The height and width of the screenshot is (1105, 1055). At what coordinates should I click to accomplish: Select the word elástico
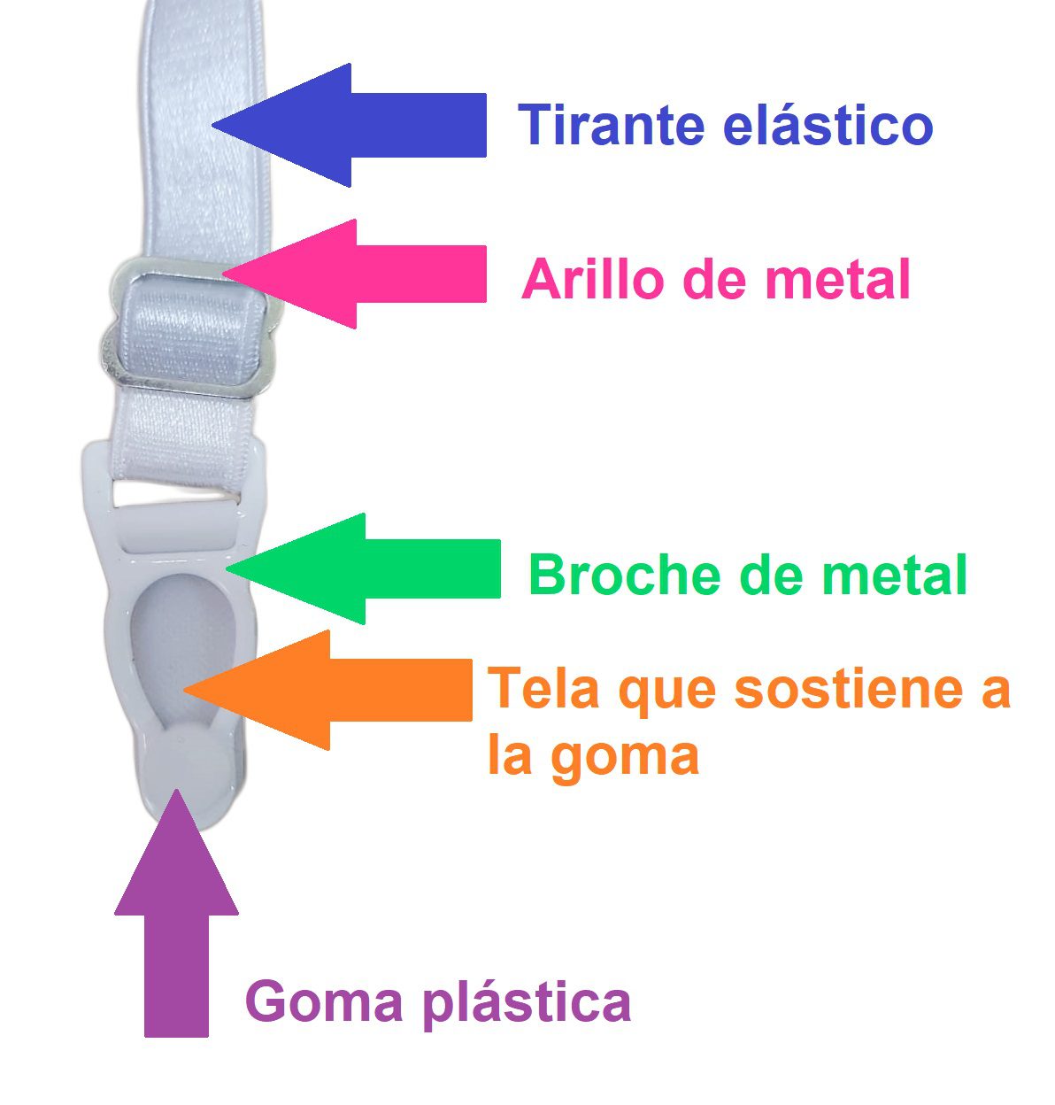click(x=828, y=125)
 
